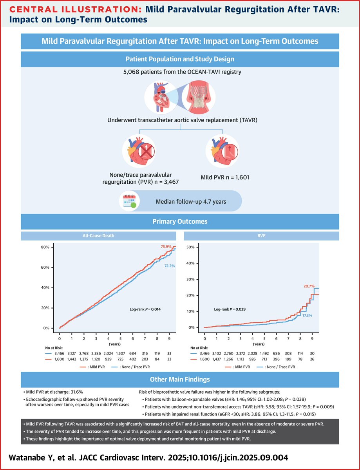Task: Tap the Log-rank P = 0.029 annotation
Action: pos(230,309)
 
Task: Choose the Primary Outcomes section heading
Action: pos(180,221)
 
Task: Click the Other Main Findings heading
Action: pos(180,380)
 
